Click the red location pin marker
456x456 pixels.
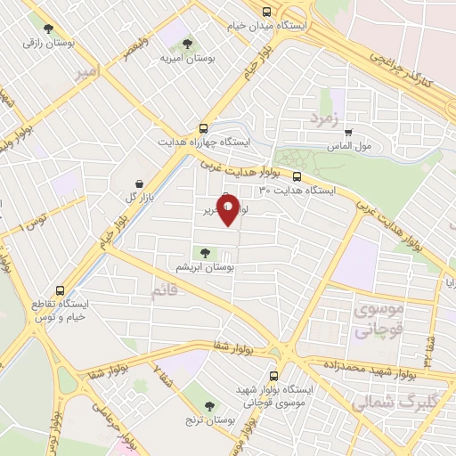228,211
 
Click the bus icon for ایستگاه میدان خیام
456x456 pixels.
266,11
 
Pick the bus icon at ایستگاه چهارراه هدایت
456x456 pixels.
203,127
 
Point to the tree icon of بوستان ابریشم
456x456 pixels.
206,252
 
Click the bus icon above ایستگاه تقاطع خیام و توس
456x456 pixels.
60,290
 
